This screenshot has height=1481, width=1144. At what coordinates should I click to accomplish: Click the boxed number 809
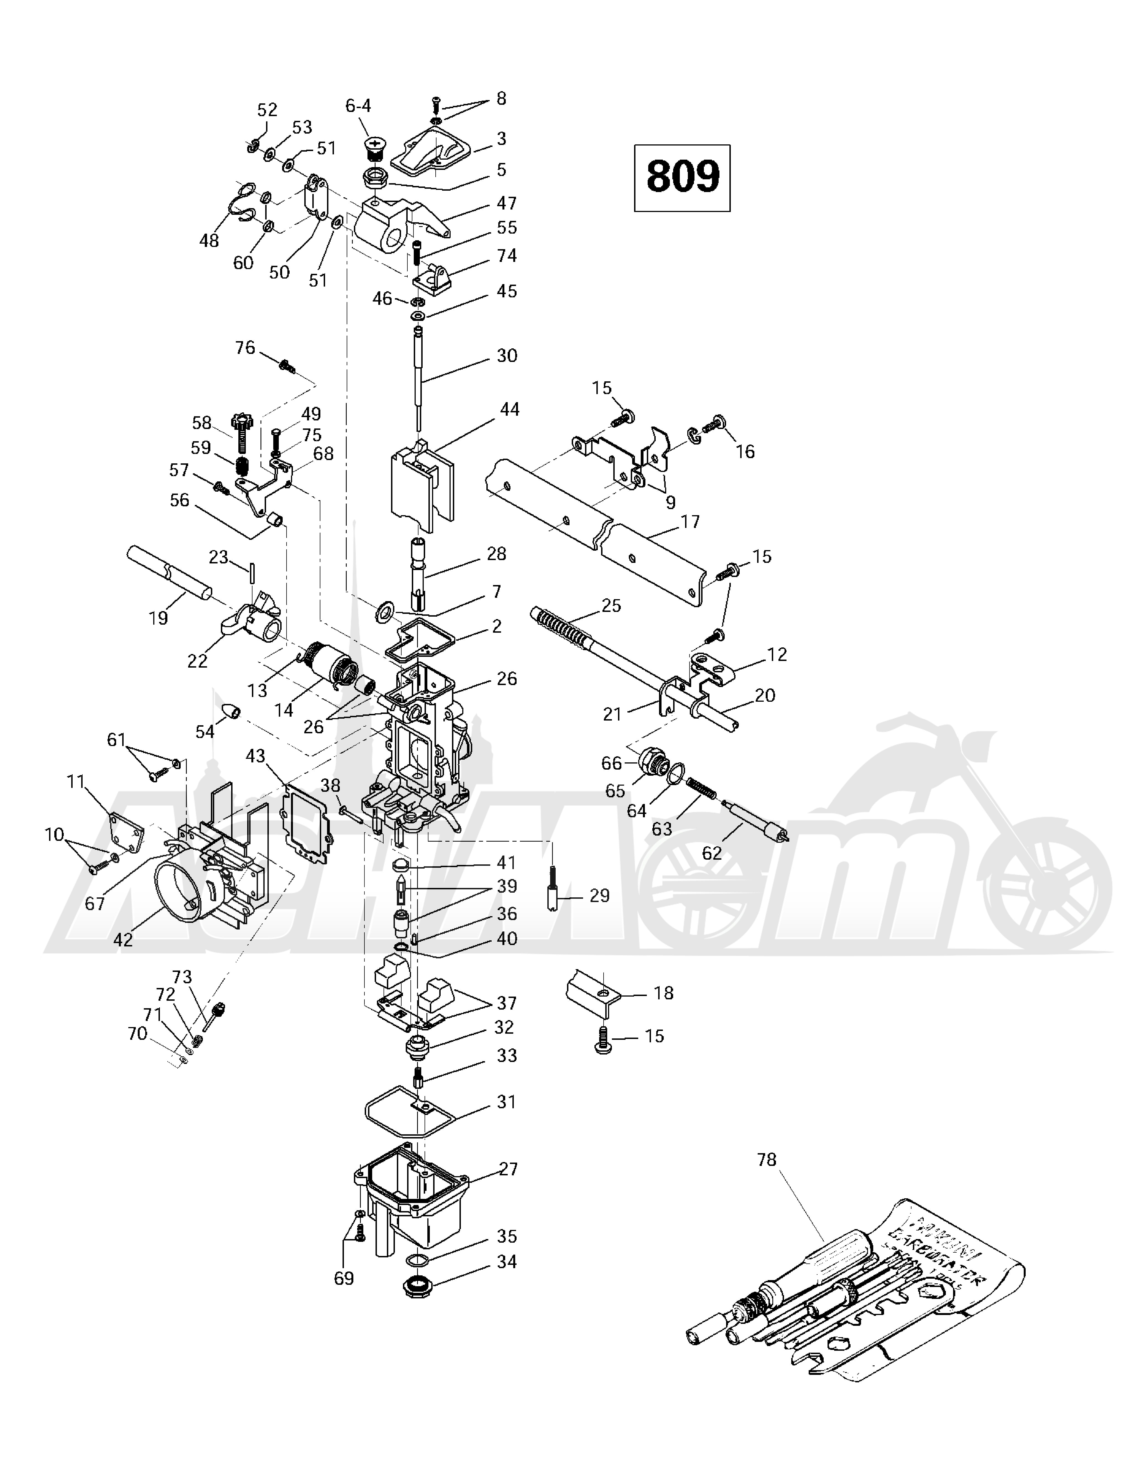pyautogui.click(x=682, y=178)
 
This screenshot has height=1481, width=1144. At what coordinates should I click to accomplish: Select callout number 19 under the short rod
pyautogui.click(x=158, y=618)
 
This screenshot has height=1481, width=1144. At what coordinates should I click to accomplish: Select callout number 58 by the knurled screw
pyautogui.click(x=201, y=423)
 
